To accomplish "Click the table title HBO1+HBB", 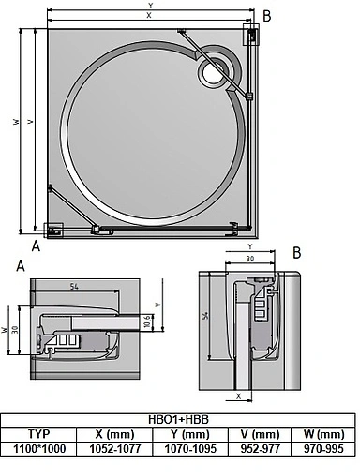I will click(x=181, y=421).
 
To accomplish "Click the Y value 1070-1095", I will click(x=192, y=448).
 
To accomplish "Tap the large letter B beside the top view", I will click(x=267, y=16).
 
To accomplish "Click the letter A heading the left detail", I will click(x=21, y=265).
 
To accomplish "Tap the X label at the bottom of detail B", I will click(x=239, y=396).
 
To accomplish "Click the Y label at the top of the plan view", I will click(x=150, y=6).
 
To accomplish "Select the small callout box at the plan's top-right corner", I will click(x=253, y=35).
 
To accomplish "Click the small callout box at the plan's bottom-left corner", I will click(x=53, y=229).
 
